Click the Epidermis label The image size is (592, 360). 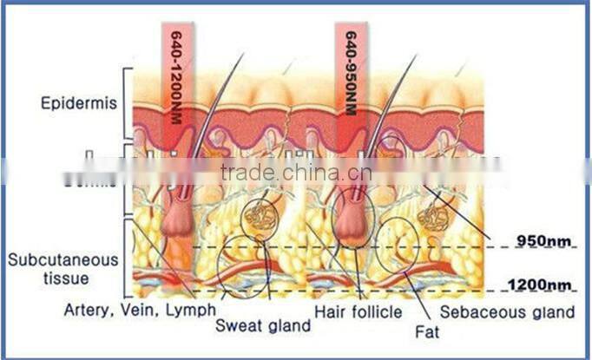coord(76,103)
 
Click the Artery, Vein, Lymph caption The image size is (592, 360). coord(140,309)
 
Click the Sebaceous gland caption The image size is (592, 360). coord(508,310)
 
